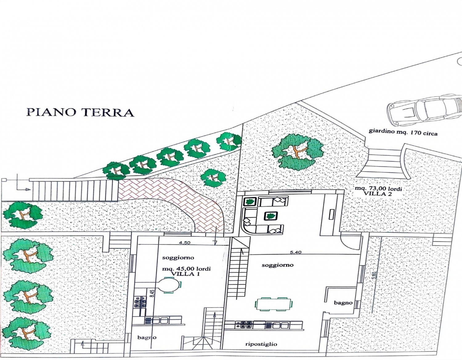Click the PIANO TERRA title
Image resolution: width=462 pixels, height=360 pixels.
point(80,112)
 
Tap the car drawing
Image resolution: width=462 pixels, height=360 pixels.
point(424,111)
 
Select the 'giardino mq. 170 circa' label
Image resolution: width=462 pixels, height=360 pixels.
point(403,132)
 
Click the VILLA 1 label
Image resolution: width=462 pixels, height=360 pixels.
point(185,274)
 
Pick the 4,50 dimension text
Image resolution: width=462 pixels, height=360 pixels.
point(184,243)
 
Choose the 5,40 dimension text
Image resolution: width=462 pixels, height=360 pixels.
point(296,252)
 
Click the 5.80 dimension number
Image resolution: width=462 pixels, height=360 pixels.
point(375,276)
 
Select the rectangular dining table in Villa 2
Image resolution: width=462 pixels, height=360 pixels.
point(274,304)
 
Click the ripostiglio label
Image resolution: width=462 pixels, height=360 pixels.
point(261,344)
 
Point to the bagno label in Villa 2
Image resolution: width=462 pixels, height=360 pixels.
point(343,302)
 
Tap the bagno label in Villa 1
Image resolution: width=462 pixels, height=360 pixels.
point(147,337)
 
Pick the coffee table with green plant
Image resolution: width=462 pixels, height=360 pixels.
point(271,216)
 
